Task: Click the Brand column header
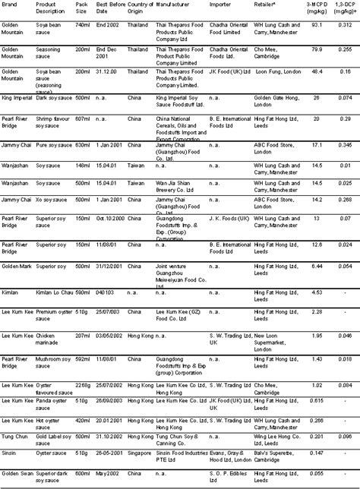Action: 10,5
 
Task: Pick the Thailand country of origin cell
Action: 137,25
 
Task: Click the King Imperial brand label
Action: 17,98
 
